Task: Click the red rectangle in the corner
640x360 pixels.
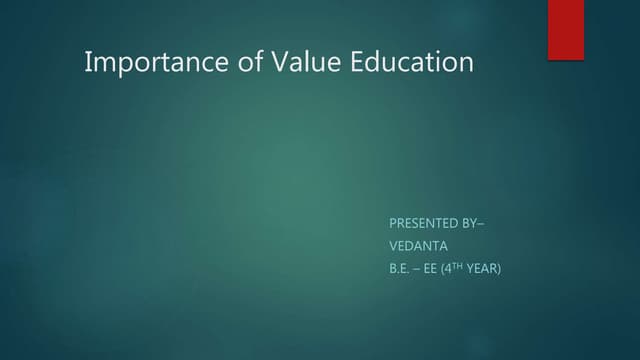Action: [565, 29]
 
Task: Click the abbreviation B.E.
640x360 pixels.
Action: [398, 267]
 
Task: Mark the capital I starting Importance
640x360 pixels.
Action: [88, 62]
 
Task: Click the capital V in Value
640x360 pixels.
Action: [276, 62]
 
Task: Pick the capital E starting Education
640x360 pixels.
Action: [359, 62]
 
